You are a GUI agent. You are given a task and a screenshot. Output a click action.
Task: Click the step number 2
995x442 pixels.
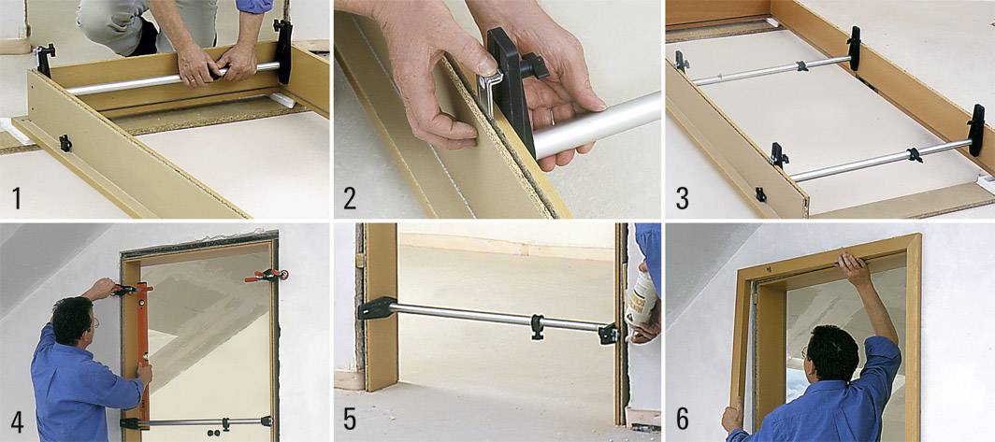click(x=350, y=199)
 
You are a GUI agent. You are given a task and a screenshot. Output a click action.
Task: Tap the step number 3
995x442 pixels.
click(x=682, y=199)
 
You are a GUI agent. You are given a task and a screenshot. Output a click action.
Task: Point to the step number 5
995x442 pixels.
click(x=350, y=421)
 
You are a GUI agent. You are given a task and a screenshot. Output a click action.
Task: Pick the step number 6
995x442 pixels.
click(x=683, y=421)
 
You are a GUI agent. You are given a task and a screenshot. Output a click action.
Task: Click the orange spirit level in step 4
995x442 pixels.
click(x=143, y=346)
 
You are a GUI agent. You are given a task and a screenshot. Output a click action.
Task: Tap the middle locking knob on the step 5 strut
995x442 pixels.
click(x=537, y=324)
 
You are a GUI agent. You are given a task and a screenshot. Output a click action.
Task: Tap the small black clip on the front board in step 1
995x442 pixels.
click(x=65, y=143)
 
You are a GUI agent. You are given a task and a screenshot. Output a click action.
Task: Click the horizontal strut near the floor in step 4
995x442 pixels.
click(x=196, y=422)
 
